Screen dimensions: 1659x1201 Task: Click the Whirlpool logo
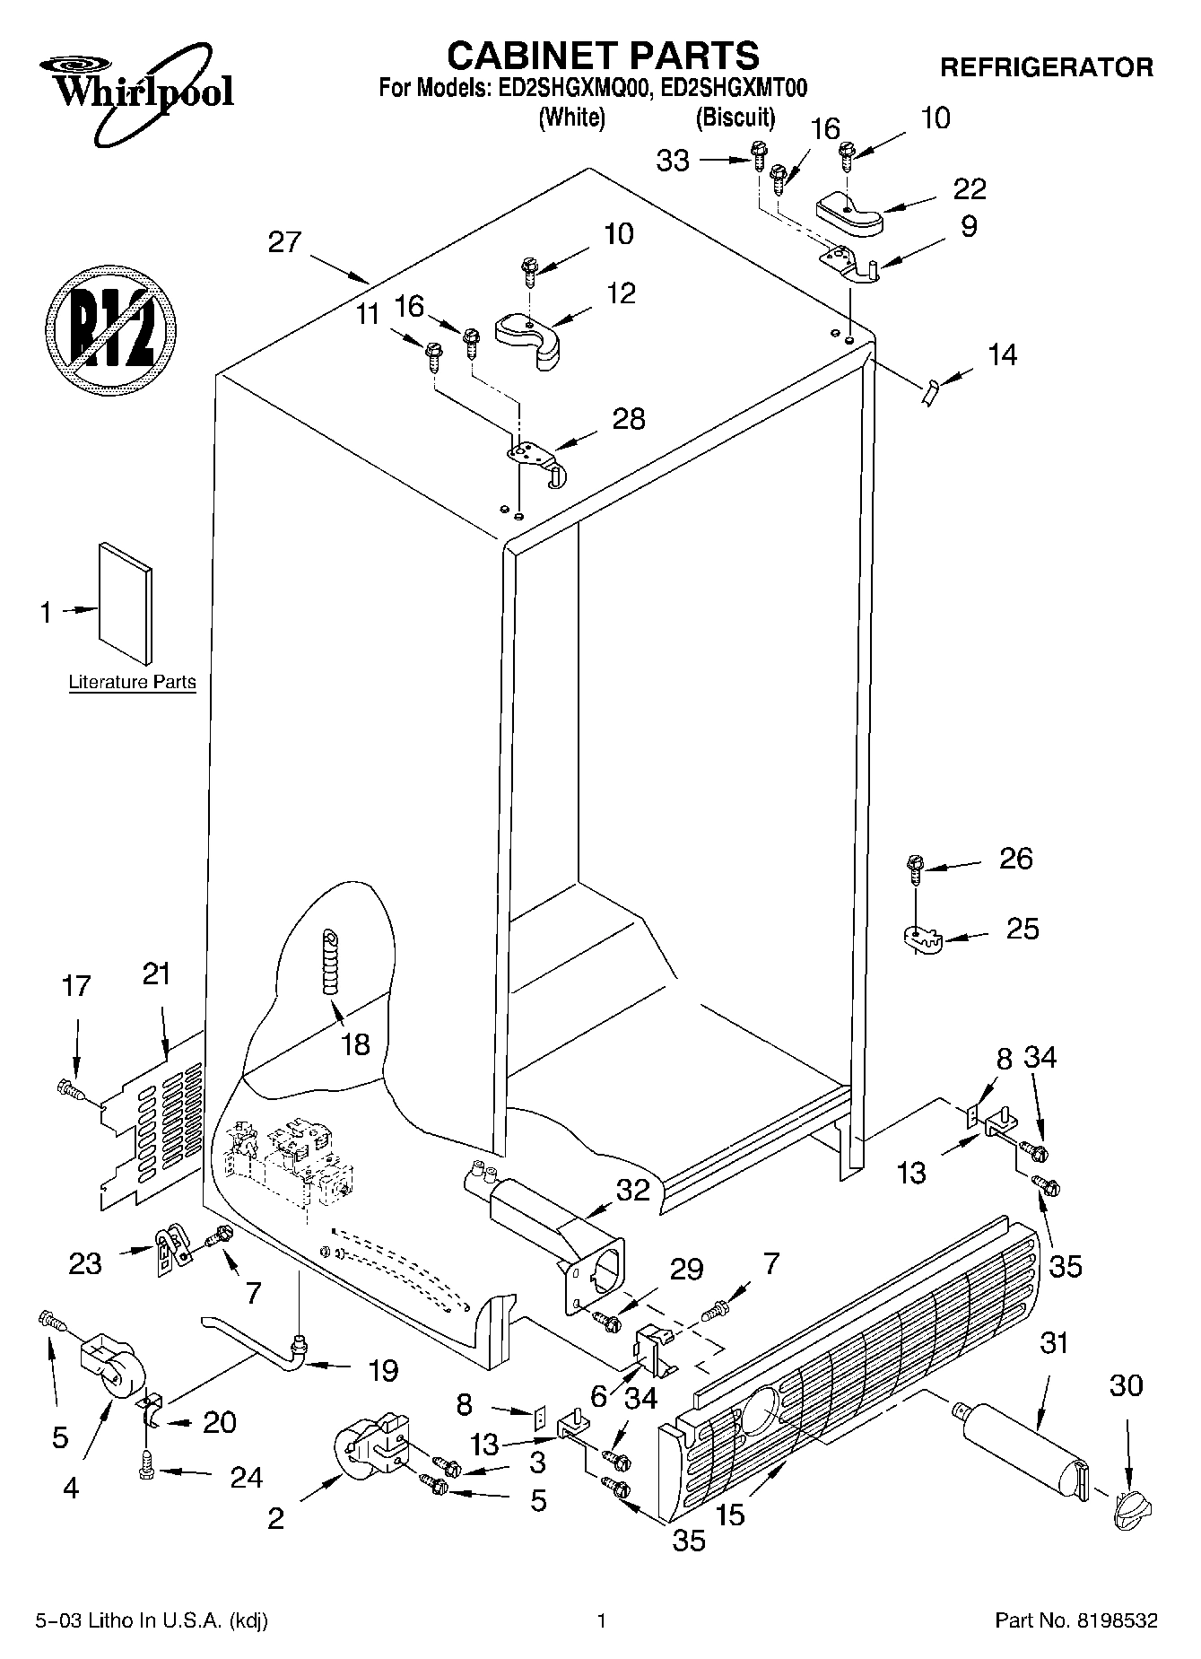(135, 94)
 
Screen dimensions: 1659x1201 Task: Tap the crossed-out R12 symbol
(110, 327)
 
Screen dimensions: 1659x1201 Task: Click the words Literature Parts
(132, 682)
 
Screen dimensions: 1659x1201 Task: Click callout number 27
(284, 242)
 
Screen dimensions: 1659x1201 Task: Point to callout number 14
(1002, 355)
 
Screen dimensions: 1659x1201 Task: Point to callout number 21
(156, 974)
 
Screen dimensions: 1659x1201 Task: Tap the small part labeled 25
(919, 939)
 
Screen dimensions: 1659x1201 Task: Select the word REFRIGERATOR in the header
(1046, 67)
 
